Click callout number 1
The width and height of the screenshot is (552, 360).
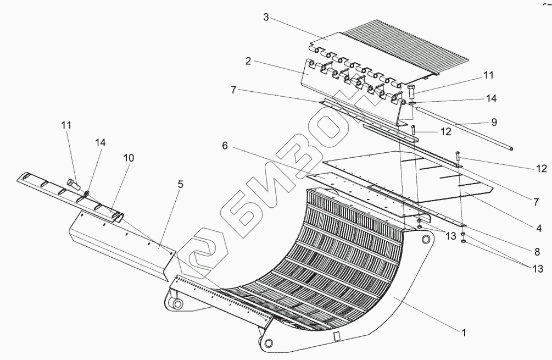tap(464, 332)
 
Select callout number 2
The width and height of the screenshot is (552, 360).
tap(248, 61)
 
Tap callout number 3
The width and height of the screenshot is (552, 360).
tap(265, 17)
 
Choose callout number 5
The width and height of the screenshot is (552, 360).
tap(180, 185)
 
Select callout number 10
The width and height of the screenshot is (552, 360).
tap(127, 158)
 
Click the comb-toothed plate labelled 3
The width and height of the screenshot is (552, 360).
tap(395, 52)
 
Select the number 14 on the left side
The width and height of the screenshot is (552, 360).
tap(100, 143)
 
